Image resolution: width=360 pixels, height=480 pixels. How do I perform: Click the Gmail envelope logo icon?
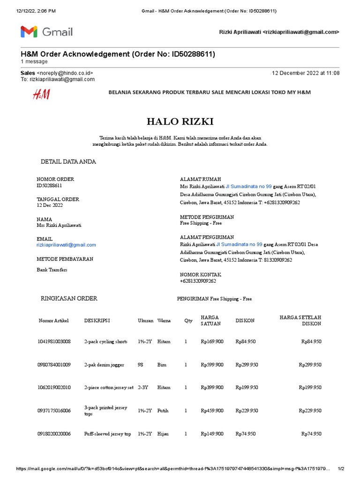click(29, 32)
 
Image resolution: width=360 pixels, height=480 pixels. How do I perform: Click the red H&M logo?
click(41, 94)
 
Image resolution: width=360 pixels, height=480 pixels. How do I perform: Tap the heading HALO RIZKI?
click(180, 122)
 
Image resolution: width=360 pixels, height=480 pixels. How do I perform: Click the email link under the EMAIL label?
click(66, 245)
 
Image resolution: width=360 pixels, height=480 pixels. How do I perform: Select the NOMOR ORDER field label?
click(55, 179)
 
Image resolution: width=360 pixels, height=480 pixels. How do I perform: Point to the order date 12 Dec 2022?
click(50, 205)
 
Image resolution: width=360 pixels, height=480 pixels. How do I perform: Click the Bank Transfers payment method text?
click(52, 270)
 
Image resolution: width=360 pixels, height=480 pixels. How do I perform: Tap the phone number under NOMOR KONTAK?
click(198, 281)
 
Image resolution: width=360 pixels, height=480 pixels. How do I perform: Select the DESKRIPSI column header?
click(97, 321)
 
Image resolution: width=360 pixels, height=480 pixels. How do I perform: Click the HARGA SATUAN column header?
click(210, 321)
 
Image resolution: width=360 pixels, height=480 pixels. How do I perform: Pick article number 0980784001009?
click(54, 365)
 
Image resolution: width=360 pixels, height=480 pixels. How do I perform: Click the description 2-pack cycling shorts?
click(105, 342)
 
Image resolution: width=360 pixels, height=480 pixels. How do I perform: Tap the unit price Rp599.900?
click(212, 365)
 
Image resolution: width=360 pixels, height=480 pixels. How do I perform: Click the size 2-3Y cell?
click(142, 388)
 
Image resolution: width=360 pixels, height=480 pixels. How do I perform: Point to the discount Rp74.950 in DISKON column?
click(246, 434)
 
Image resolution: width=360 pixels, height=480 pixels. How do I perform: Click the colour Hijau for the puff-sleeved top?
click(163, 434)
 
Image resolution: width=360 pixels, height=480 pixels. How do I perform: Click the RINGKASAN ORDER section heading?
click(69, 299)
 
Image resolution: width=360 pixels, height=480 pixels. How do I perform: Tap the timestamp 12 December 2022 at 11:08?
click(306, 73)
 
